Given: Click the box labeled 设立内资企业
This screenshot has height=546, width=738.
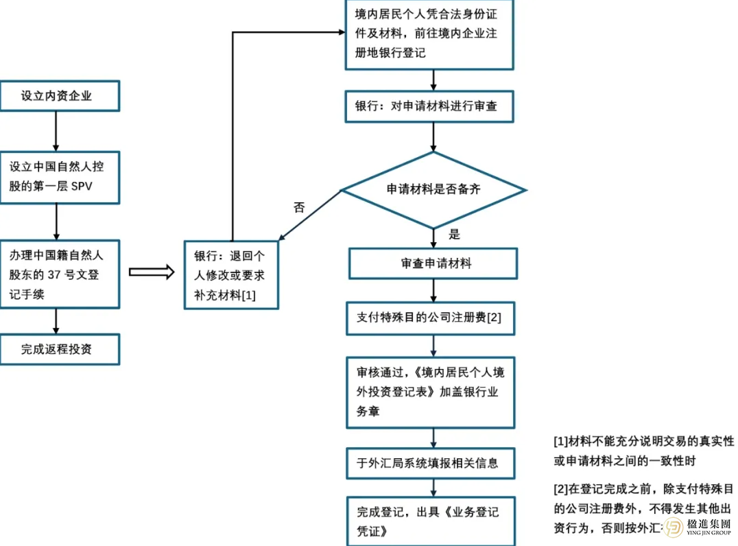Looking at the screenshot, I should point(60,96).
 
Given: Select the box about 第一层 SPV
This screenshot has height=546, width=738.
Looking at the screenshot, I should point(60,178).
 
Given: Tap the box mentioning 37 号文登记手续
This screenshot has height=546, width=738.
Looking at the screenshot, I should point(60,274).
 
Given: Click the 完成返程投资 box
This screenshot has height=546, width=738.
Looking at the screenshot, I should point(60,349).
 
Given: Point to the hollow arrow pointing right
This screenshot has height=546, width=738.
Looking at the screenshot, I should point(152,272).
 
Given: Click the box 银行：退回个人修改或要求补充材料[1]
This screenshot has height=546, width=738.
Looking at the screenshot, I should point(232,275).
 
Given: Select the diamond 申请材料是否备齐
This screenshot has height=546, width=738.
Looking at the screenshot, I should point(433,190).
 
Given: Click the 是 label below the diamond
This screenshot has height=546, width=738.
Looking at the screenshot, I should point(454,234).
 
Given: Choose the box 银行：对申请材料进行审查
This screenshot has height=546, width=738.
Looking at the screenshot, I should point(429,107).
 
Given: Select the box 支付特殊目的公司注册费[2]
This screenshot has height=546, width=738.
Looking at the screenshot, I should point(430,318).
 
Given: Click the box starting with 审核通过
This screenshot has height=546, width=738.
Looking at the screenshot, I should point(430,392).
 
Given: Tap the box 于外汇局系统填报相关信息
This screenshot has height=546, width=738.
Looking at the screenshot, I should point(430,463).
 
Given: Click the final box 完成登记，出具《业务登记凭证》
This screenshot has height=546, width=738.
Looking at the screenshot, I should point(430,521).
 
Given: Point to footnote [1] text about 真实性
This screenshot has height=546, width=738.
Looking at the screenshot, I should point(643,451).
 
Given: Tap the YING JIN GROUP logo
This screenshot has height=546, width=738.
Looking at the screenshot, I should point(699,527).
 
